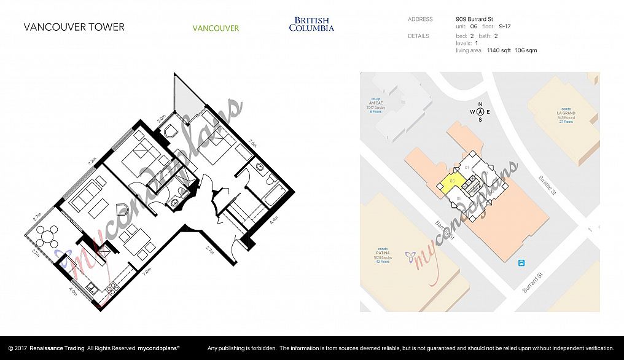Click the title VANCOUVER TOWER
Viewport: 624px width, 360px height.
coord(74,27)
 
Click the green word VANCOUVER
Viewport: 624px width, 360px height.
coord(216,28)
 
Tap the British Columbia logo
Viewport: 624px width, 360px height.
coord(311,25)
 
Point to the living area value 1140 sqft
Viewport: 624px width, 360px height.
coord(499,50)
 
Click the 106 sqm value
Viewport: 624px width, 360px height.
coord(526,50)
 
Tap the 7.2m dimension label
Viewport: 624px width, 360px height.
coord(92,162)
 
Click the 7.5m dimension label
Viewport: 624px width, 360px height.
coord(252,144)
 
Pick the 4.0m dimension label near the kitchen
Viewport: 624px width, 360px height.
coord(72,292)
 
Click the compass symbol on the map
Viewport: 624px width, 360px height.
coord(480,111)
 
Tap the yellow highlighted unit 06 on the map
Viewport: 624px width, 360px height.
coord(451,182)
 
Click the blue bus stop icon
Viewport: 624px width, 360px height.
coord(521,263)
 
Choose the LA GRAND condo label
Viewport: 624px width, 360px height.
coord(565,113)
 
